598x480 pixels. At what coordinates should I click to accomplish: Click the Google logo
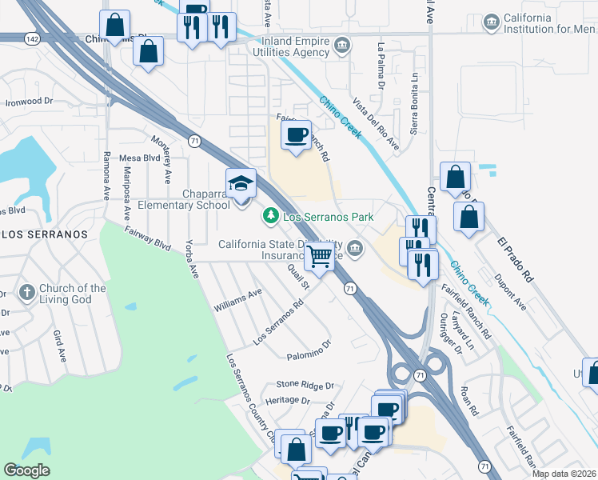(26, 470)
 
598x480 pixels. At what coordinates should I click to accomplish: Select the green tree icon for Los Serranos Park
(271, 216)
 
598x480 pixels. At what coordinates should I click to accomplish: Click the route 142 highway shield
(32, 38)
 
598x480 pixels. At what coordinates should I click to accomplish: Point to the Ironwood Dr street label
(29, 102)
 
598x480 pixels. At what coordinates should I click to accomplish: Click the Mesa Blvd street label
(139, 158)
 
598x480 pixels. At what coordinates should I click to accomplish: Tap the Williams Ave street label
(237, 301)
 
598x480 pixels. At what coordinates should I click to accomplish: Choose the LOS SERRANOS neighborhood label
(43, 234)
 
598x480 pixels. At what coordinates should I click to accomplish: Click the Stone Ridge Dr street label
(305, 385)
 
